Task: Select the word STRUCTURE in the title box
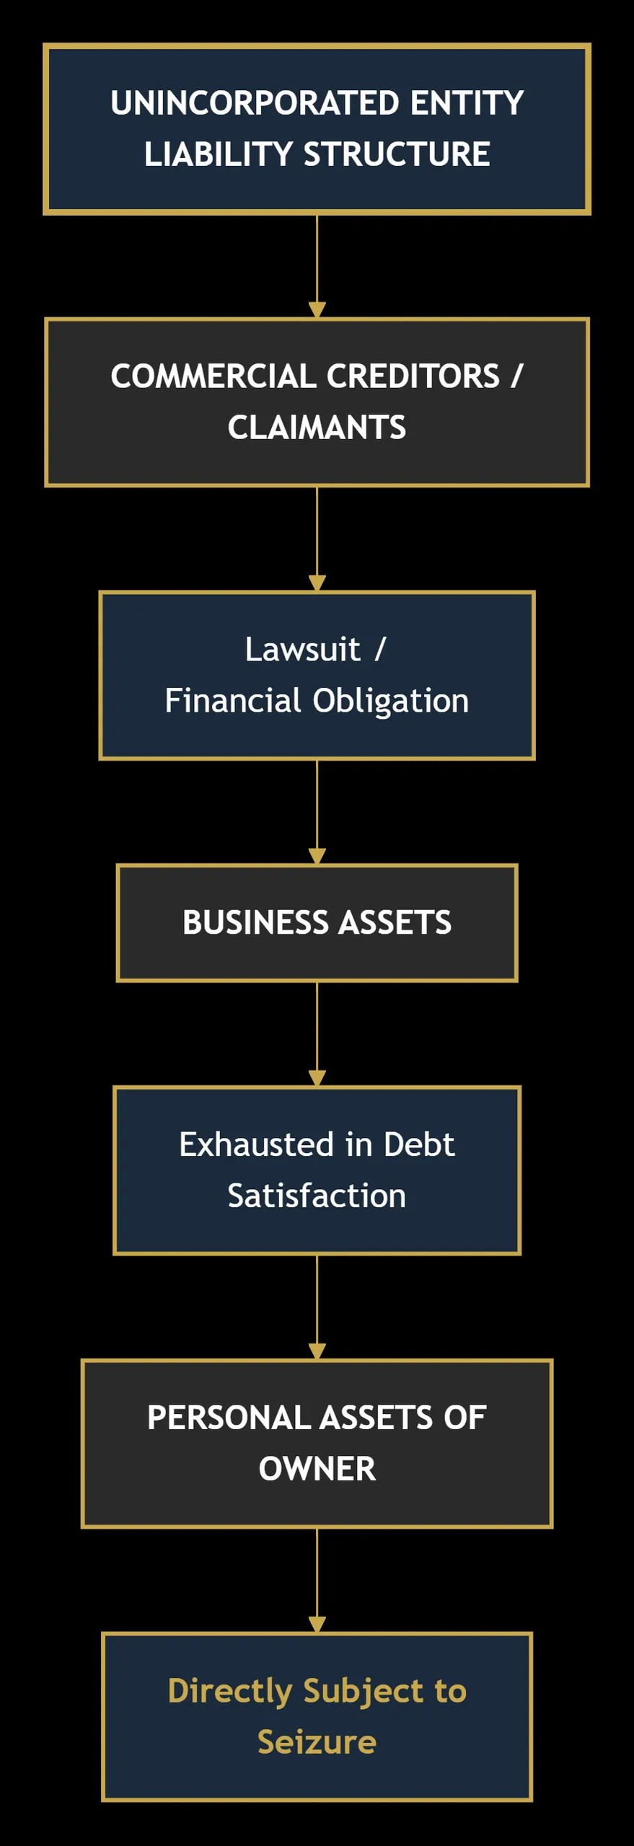(x=397, y=154)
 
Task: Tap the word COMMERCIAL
(x=213, y=376)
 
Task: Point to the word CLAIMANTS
(x=317, y=428)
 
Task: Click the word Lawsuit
(x=302, y=649)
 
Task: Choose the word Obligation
(x=391, y=701)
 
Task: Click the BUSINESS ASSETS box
(x=317, y=923)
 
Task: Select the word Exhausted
(x=257, y=1144)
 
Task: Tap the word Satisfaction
(x=317, y=1196)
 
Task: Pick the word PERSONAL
(x=229, y=1418)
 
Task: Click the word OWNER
(x=317, y=1469)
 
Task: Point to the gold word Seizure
(x=317, y=1742)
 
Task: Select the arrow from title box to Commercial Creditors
(x=317, y=266)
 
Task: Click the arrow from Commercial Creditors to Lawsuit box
(x=317, y=539)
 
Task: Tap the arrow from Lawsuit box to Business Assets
(x=317, y=812)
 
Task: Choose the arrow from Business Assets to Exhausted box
(x=317, y=1034)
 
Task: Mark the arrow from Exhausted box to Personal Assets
(x=317, y=1307)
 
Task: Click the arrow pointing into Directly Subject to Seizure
(x=317, y=1580)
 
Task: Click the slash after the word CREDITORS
(x=516, y=376)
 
